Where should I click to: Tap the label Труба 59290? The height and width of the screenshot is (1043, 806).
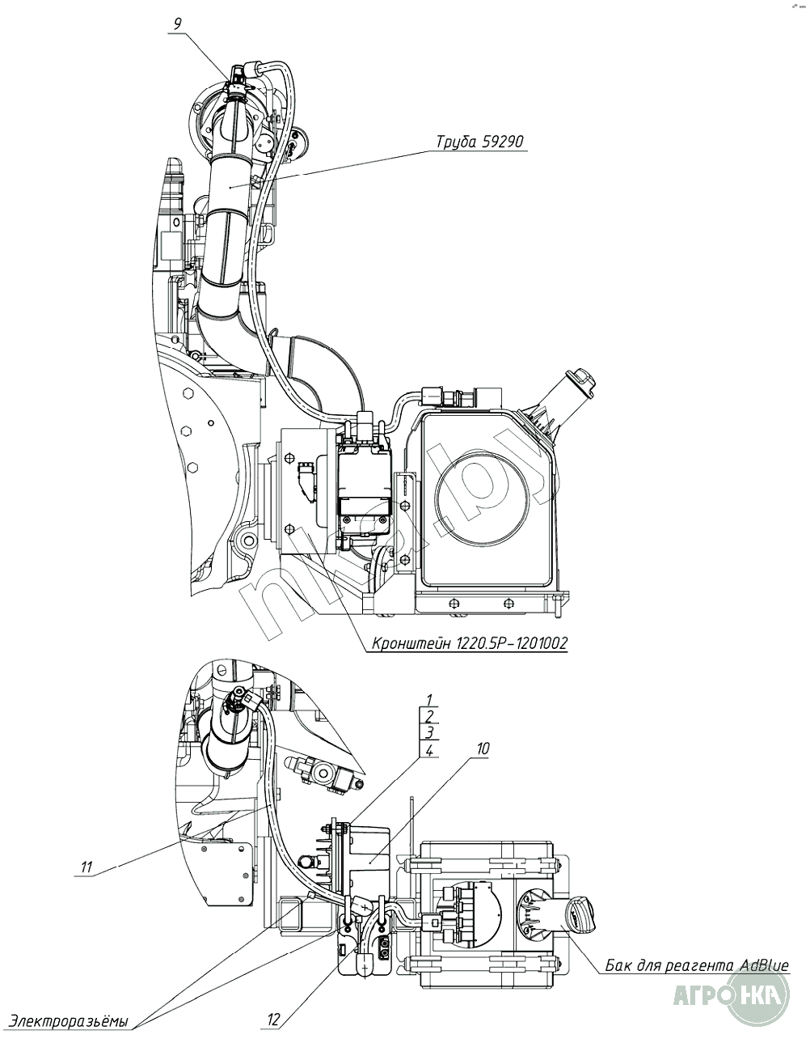coord(479,142)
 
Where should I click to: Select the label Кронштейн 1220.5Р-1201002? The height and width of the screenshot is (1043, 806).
coord(469,644)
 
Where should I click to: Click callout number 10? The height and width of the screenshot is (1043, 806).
coord(482,749)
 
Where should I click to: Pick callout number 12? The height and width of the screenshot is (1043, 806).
coord(273,1020)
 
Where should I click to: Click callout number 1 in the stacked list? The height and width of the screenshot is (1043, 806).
coord(430,699)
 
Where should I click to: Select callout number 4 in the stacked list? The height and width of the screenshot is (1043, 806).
coord(430,751)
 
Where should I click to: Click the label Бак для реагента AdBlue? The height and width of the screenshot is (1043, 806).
coord(696,965)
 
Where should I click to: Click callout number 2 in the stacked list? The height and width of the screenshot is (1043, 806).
coord(430,716)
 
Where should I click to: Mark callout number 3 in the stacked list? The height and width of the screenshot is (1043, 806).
coord(430,733)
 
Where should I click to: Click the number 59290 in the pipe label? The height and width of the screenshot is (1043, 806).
coord(503,142)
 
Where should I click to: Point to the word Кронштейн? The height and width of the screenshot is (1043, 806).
coord(409,644)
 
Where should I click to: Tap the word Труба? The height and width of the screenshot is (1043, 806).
coord(455,142)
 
